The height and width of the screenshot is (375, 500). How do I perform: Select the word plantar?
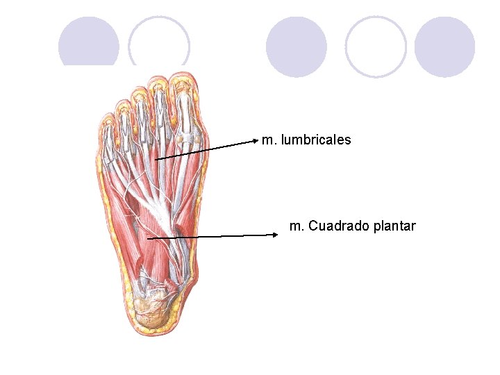pos(394,226)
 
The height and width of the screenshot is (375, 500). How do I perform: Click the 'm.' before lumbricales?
pos(269,140)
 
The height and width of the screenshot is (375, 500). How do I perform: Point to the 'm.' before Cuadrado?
pos(297,226)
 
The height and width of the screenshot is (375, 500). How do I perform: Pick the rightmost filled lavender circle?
pos(444,47)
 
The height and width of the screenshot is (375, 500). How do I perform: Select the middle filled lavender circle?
pos(297,47)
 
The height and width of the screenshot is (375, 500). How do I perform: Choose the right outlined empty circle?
pos(376,47)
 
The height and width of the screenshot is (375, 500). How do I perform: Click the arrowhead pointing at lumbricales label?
pos(256,140)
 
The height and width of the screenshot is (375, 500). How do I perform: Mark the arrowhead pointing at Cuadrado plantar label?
pos(276,235)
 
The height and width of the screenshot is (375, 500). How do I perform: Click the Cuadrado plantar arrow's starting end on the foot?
pos(149,238)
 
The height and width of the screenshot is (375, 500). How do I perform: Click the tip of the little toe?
pos(107,119)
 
